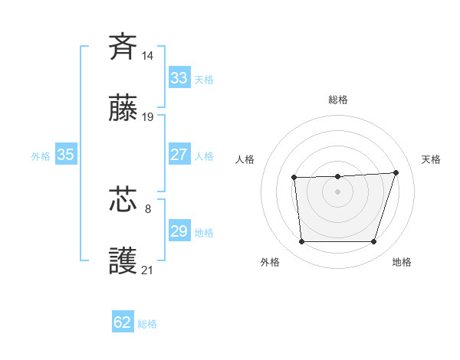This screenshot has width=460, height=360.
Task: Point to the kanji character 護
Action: tap(123, 261)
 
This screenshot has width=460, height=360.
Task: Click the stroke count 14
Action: tap(148, 55)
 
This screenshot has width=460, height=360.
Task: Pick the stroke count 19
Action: tap(148, 117)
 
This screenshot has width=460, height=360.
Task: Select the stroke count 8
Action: tap(148, 207)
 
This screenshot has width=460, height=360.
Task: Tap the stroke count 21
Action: tap(148, 270)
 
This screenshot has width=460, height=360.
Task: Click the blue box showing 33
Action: tap(179, 78)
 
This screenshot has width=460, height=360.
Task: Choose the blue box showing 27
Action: tap(179, 155)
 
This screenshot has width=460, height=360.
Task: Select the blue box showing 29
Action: tap(179, 231)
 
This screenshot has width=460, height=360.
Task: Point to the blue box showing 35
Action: tap(66, 155)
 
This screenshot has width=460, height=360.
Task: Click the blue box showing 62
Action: tap(123, 322)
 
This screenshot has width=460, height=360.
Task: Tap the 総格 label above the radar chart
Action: tap(338, 100)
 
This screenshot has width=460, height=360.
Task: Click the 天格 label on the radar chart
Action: tap(432, 159)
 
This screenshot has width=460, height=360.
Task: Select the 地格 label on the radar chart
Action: tap(402, 262)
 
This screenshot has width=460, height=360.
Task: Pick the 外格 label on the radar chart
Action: tap(270, 262)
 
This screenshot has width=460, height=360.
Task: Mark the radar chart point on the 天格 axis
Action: tap(396, 172)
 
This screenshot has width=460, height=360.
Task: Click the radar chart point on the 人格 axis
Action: tap(294, 178)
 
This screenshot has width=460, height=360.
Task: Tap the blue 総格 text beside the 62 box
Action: tap(147, 324)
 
